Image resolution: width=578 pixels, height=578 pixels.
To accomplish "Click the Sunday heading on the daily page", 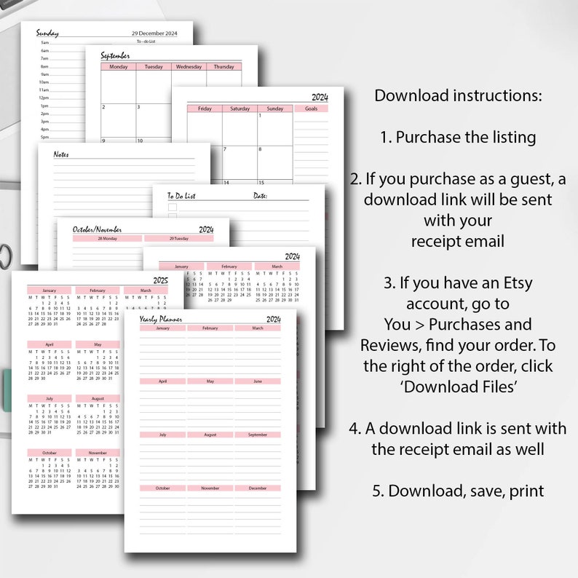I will (48, 33).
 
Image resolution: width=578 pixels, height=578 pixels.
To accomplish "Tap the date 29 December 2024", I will (154, 33).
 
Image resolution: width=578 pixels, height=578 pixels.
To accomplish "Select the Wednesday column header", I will (189, 67).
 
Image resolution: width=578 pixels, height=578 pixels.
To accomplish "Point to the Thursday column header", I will (223, 67).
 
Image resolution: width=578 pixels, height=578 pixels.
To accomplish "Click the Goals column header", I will (311, 108).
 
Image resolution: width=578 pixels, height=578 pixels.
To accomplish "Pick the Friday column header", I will (205, 108).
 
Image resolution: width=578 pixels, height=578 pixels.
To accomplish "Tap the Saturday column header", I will (239, 108).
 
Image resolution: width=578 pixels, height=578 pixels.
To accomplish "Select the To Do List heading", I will (181, 196).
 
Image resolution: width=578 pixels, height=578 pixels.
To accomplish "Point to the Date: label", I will (260, 196).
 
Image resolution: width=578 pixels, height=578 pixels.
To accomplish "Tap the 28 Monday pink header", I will (107, 238).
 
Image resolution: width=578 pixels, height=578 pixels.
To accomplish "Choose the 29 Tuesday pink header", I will (178, 238).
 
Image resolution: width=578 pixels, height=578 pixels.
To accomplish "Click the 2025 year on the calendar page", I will (160, 280).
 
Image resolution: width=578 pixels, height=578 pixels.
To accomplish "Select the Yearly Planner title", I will (161, 319).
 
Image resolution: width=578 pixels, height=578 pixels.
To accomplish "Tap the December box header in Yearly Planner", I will (257, 488).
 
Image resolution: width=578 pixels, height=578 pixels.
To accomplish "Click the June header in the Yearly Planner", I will (257, 381).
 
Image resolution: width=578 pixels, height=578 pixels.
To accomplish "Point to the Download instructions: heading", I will (458, 96).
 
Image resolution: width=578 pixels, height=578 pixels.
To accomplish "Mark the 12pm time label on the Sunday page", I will (44, 98).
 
